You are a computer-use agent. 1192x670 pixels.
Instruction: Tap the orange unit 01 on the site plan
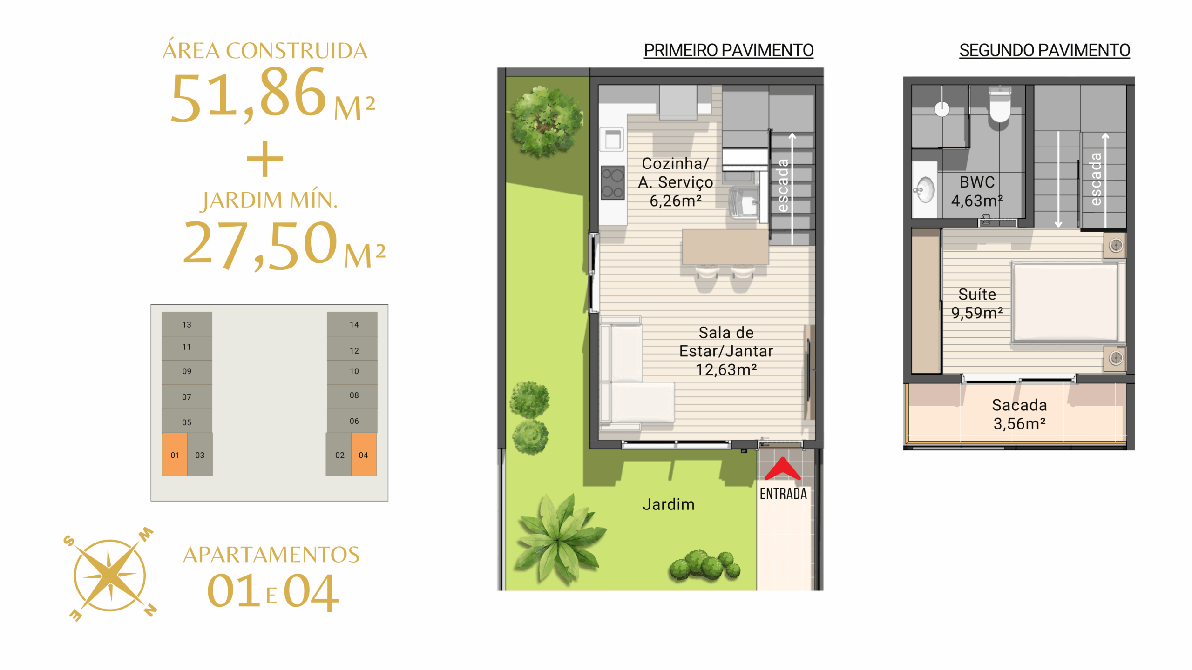click(x=175, y=455)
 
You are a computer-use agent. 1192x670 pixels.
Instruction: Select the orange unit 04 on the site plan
click(x=364, y=455)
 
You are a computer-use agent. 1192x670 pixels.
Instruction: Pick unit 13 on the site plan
click(x=187, y=324)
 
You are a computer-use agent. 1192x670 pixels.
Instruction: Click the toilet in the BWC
click(x=1000, y=104)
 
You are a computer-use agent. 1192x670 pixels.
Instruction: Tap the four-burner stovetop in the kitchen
click(x=612, y=183)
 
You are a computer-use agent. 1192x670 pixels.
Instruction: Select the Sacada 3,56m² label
click(x=1019, y=414)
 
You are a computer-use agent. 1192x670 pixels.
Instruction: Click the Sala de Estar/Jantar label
click(x=726, y=351)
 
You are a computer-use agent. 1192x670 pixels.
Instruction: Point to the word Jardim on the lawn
click(x=668, y=504)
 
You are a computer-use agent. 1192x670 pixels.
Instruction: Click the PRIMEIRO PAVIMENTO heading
click(x=728, y=50)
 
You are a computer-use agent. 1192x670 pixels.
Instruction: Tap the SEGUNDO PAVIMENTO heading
click(x=1044, y=50)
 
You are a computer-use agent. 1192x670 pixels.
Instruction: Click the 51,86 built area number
click(x=248, y=94)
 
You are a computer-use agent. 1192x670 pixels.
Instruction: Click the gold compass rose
click(x=110, y=575)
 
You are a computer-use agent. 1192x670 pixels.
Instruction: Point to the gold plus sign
click(x=265, y=158)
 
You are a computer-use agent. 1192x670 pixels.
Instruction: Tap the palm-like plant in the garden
click(x=559, y=540)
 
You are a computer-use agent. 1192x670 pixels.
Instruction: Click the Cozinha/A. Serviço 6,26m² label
click(x=675, y=182)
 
